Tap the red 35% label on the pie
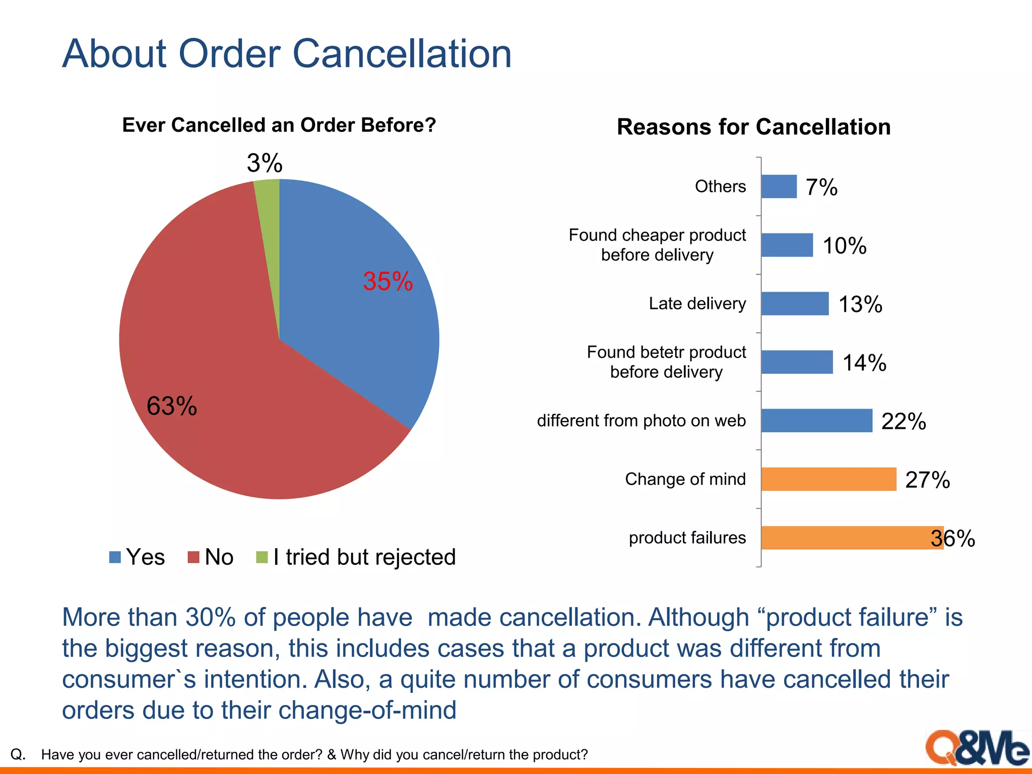coord(388,281)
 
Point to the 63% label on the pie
coord(172,406)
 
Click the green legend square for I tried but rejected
coord(262,557)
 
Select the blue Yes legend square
coord(115,557)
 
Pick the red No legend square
coord(193,557)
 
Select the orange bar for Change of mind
coord(828,479)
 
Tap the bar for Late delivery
coord(795,304)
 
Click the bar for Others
coord(779,186)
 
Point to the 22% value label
coord(904,421)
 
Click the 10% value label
coord(845,246)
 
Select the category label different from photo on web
coord(641,421)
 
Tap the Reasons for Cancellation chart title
coord(753,127)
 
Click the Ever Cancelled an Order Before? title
coord(279,125)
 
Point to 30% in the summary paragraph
coord(211,617)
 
